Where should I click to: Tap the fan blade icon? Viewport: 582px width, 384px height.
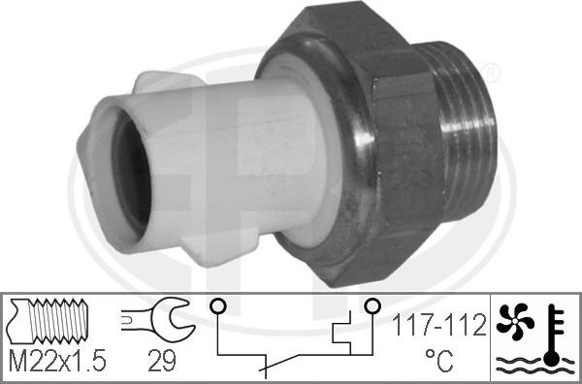514,322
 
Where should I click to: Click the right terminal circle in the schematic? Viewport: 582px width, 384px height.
370,308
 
